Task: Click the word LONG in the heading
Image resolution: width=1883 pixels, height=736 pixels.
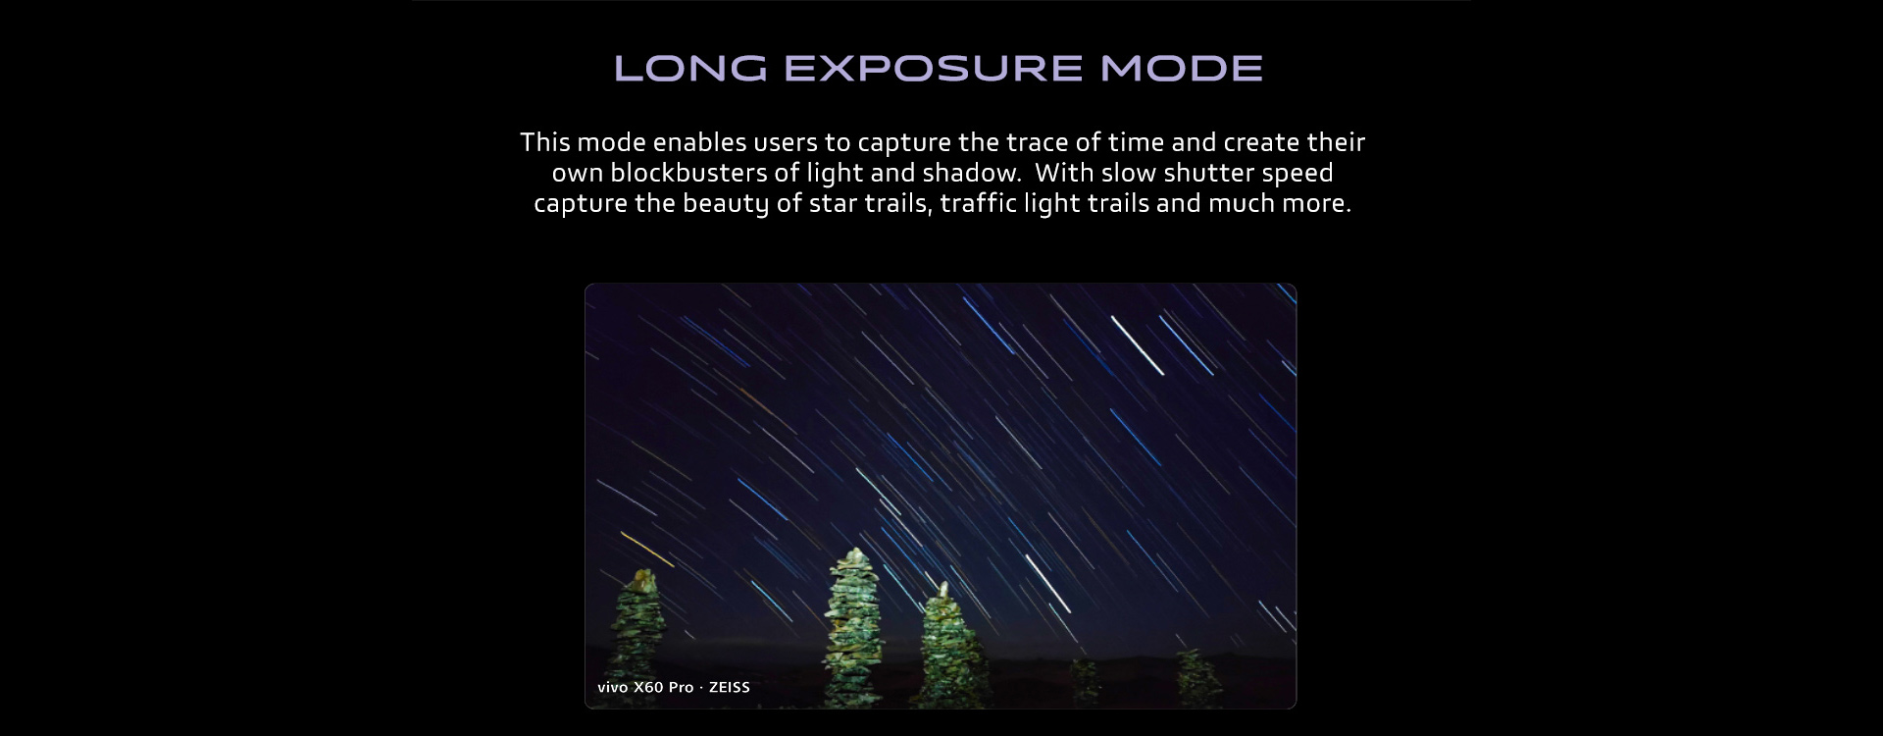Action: point(690,69)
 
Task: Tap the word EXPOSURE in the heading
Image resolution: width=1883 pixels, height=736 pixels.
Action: point(935,69)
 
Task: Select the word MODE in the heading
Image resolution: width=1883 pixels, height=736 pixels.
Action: point(1182,69)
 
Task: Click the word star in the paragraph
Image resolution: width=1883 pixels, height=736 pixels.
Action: point(832,204)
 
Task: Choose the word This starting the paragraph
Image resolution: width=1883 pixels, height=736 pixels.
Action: point(545,142)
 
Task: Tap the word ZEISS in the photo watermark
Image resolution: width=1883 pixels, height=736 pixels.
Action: point(730,687)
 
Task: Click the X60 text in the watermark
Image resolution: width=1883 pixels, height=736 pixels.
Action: point(649,687)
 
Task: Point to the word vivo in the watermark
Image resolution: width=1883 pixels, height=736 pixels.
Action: point(613,687)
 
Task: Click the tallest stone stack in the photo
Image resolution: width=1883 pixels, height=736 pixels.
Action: point(853,628)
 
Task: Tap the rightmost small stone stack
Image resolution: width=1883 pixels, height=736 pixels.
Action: point(1198,679)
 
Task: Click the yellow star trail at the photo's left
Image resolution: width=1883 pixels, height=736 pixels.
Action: point(647,550)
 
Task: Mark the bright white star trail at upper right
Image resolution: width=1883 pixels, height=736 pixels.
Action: point(1137,345)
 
